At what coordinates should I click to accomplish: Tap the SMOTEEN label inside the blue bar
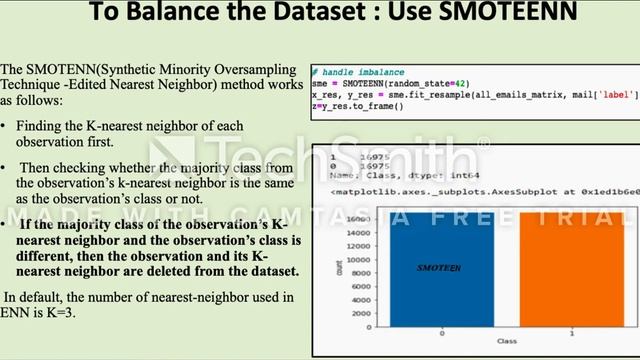coord(438,268)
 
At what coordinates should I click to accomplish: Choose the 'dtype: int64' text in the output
coord(423,175)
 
